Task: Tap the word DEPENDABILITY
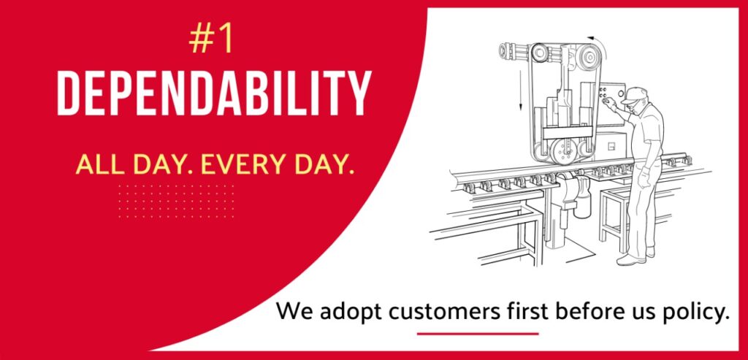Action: click(214, 93)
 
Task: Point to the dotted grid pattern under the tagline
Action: click(176, 202)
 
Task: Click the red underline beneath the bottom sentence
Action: click(478, 334)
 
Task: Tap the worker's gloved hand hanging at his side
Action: click(644, 177)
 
